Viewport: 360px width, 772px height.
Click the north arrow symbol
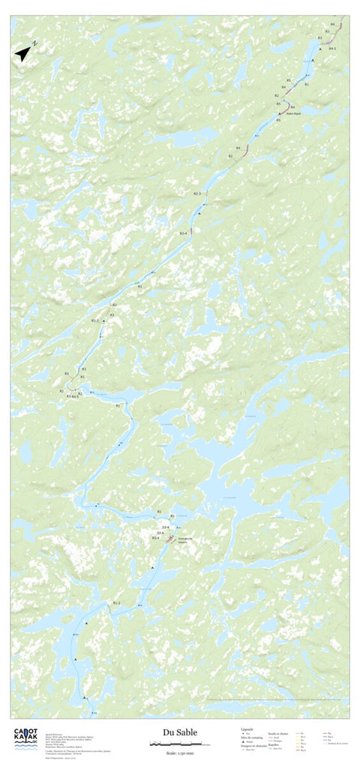[x=24, y=53]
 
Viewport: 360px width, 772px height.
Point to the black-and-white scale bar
[x=180, y=743]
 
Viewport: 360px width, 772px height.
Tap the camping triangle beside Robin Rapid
[x=280, y=114]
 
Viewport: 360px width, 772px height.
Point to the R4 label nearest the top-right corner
[x=332, y=25]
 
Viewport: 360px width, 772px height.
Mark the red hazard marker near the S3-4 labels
[x=170, y=537]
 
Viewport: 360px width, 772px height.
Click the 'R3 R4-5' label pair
[x=72, y=395]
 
